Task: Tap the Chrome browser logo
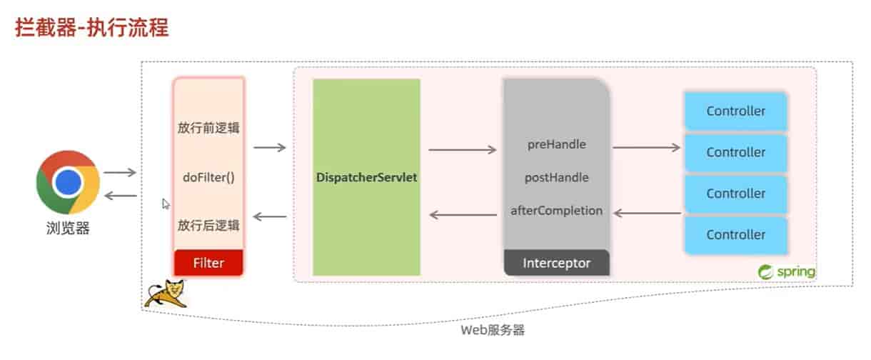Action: [68, 182]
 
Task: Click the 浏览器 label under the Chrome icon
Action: [68, 229]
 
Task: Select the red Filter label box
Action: [208, 262]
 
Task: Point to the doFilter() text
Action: [208, 177]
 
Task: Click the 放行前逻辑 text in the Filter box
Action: [208, 129]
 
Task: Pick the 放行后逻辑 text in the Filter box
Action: [208, 225]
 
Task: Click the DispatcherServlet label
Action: [366, 176]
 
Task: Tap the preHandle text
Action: [557, 144]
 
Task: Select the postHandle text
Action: [557, 177]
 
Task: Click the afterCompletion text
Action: [557, 211]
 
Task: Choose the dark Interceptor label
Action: [557, 263]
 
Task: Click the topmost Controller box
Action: [735, 111]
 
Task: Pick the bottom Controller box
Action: [735, 234]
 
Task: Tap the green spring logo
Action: [786, 272]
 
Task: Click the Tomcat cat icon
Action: [164, 294]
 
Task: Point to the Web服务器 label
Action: [493, 331]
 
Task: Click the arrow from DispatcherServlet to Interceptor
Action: [462, 150]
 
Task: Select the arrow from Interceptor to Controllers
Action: [647, 147]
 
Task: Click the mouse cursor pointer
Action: [166, 204]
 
